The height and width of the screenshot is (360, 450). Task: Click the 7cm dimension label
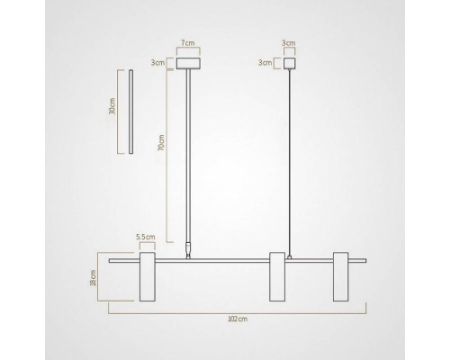[x=188, y=42]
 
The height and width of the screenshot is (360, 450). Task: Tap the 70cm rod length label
[x=161, y=143]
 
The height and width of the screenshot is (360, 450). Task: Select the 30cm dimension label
[x=112, y=106]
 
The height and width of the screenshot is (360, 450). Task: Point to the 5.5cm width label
[x=146, y=237]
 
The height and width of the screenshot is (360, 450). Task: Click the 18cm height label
[x=94, y=278]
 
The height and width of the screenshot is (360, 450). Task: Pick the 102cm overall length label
[x=238, y=319]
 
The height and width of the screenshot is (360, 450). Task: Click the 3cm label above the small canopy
[x=289, y=43]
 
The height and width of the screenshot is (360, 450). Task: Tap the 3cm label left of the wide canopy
[x=157, y=63]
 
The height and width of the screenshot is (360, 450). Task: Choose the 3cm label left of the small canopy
[x=265, y=63]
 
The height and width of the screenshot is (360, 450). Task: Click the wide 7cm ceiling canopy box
[x=188, y=63]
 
